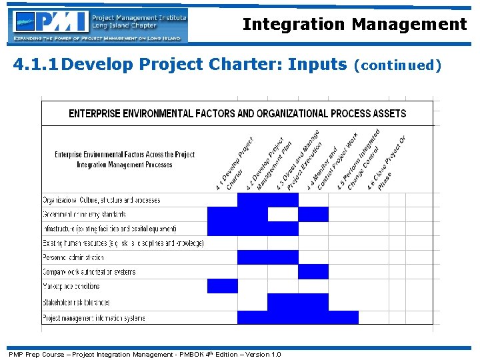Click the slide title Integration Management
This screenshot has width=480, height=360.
[x=354, y=25]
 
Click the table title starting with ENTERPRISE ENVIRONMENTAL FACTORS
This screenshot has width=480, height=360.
[x=237, y=113]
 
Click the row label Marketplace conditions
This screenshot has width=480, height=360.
[x=71, y=286]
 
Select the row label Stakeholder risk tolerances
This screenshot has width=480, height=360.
[x=76, y=302]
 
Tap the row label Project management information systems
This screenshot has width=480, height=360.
[x=93, y=318]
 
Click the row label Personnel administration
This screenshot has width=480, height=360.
[x=73, y=257]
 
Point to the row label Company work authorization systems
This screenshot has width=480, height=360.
[x=89, y=272]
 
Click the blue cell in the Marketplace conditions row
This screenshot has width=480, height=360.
[x=223, y=286]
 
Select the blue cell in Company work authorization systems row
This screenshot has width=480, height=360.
[x=313, y=271]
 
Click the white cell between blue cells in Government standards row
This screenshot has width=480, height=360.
[x=283, y=214]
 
